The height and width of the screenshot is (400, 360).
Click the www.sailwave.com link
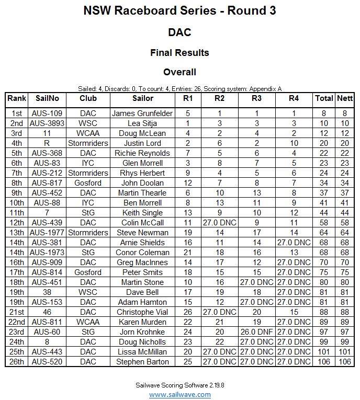point(180,394)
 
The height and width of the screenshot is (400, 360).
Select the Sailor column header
point(142,98)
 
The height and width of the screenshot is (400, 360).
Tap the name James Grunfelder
point(142,113)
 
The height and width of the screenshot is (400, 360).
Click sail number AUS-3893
point(48,123)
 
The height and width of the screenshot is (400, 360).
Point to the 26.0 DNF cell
point(256,332)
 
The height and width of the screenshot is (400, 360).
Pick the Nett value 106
point(345,362)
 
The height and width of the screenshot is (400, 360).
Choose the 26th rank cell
point(17,362)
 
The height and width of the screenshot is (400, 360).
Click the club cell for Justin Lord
point(88,143)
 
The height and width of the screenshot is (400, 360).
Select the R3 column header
point(256,98)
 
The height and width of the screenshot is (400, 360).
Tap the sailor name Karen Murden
point(142,322)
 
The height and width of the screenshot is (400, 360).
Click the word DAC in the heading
point(179,32)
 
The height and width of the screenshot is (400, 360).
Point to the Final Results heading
point(179,53)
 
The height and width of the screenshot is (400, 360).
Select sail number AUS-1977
point(48,233)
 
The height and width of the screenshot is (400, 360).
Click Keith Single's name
point(142,213)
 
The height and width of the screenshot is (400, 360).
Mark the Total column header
point(324,98)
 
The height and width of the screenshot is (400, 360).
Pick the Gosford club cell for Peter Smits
point(88,272)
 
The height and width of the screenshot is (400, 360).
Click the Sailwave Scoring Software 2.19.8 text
point(180,385)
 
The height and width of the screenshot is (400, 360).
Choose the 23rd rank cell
point(17,332)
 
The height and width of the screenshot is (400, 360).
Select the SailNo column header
point(48,98)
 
